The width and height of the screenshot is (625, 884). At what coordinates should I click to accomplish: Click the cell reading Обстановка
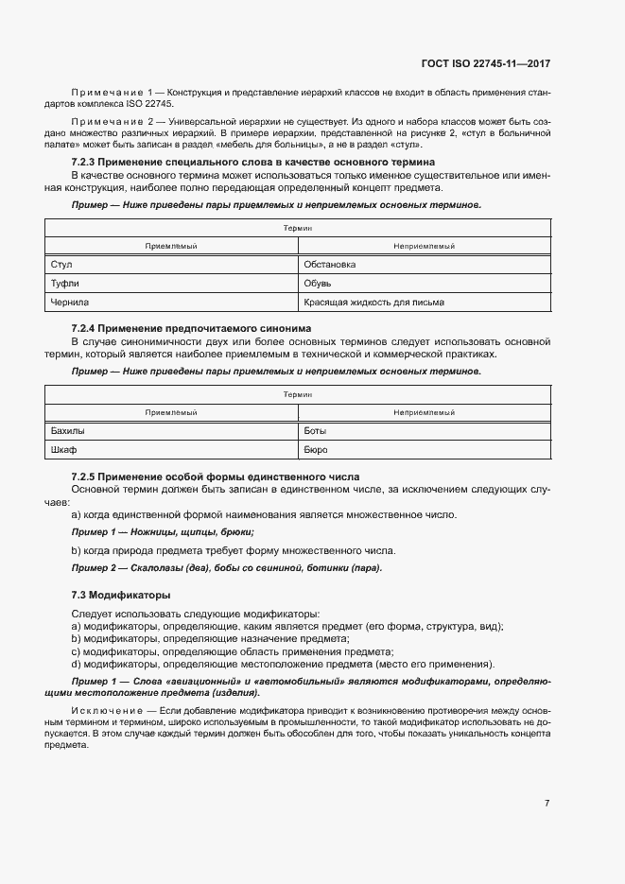tap(424, 265)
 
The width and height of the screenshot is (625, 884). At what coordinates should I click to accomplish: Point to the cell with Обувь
tap(424, 284)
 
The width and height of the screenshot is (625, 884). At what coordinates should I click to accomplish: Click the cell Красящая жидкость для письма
tap(424, 303)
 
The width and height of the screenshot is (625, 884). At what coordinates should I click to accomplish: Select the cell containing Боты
tap(424, 431)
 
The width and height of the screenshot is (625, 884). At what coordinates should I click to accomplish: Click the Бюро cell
tap(424, 450)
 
